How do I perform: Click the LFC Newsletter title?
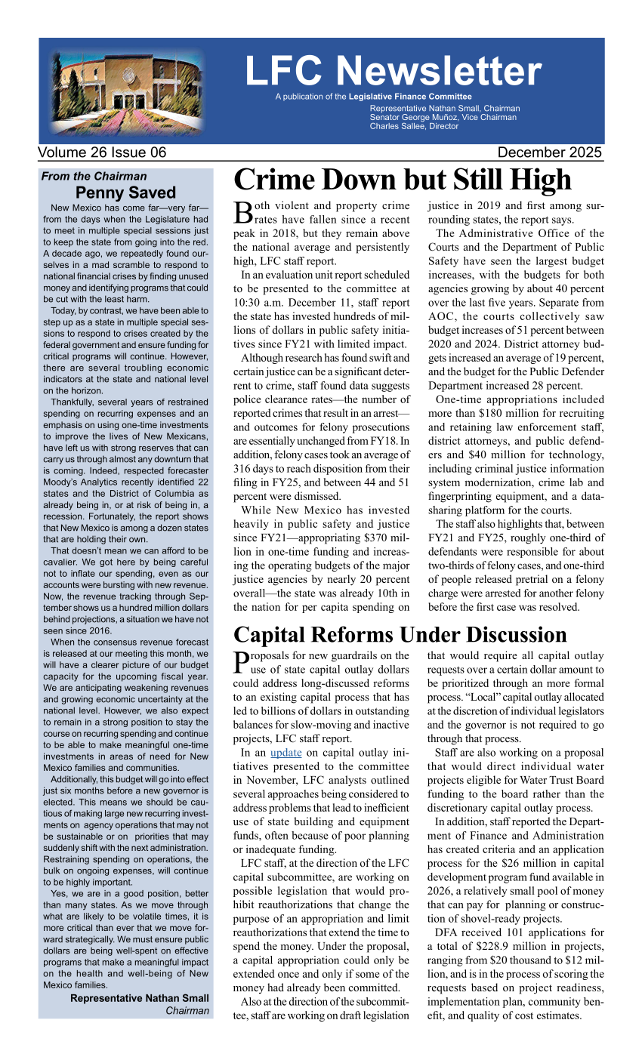pyautogui.click(x=393, y=71)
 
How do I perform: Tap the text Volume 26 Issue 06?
pyautogui.click(x=102, y=153)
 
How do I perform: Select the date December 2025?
pyautogui.click(x=550, y=153)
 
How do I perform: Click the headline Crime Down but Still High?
pyautogui.click(x=403, y=180)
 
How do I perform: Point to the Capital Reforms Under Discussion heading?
pyautogui.click(x=400, y=634)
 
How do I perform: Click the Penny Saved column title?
pyautogui.click(x=125, y=193)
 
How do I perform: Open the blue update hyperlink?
pyautogui.click(x=286, y=753)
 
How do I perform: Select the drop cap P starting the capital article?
pyautogui.click(x=242, y=661)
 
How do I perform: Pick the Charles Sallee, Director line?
pyautogui.click(x=414, y=126)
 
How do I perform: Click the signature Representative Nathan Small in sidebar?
pyautogui.click(x=140, y=998)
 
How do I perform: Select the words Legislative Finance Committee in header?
pyautogui.click(x=410, y=97)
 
